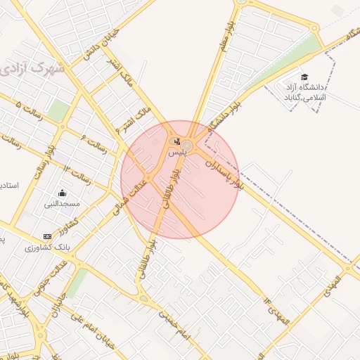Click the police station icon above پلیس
coord(176,141)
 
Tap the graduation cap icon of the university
coord(304,77)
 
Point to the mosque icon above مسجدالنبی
coord(62,193)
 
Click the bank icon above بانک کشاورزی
coord(47,236)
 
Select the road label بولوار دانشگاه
coord(224,112)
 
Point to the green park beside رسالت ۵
coord(59,110)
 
